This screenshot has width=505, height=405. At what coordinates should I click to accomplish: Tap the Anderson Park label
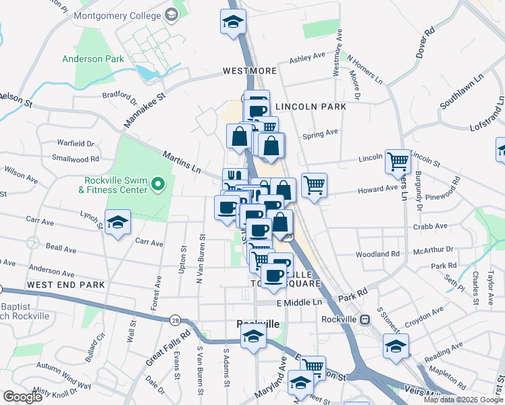93,59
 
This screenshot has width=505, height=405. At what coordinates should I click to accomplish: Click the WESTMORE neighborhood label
249,71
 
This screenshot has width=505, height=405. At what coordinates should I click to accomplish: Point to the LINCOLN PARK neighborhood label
311,107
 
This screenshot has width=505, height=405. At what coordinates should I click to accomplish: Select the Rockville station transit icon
365,319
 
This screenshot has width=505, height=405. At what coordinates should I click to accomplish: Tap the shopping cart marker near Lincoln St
398,161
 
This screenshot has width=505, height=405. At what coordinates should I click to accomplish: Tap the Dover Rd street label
425,43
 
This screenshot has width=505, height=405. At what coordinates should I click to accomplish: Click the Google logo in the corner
22,397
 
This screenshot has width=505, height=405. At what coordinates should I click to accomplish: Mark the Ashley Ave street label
307,59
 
